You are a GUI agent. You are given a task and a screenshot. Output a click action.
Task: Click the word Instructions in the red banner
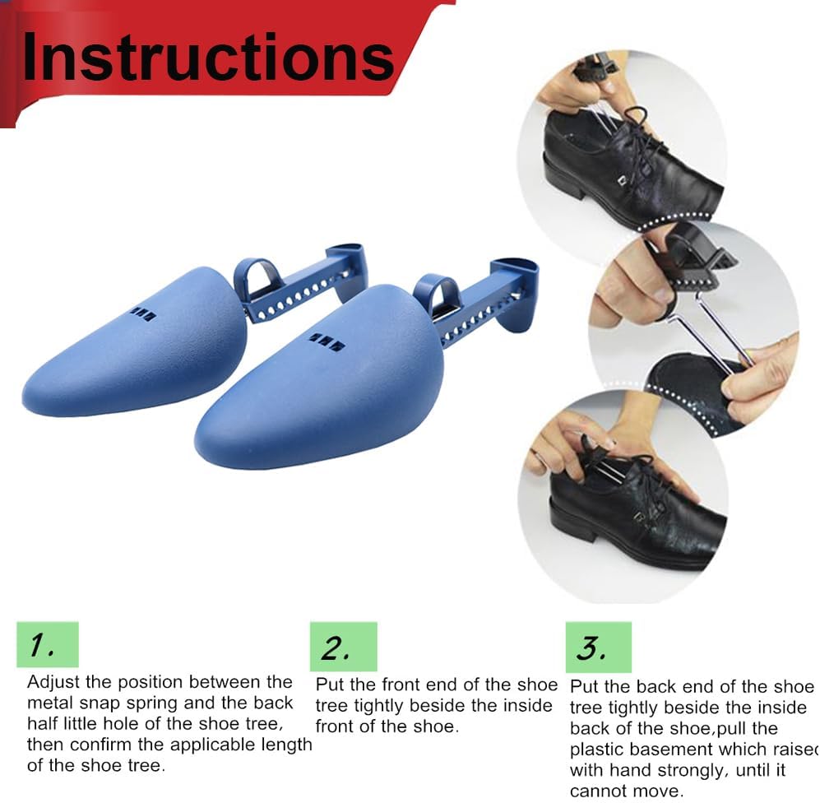(208, 57)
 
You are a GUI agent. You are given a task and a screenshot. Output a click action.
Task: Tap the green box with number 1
(48, 644)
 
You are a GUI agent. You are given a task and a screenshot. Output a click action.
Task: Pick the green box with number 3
(598, 647)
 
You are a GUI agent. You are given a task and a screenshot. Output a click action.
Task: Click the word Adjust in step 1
(53, 683)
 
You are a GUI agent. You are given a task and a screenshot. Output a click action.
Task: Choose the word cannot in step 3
(599, 791)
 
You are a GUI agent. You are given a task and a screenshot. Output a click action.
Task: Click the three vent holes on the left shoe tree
(143, 313)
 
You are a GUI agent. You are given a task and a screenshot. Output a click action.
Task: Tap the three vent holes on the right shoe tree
(327, 341)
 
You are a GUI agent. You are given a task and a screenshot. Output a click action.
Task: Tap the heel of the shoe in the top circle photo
(565, 178)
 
